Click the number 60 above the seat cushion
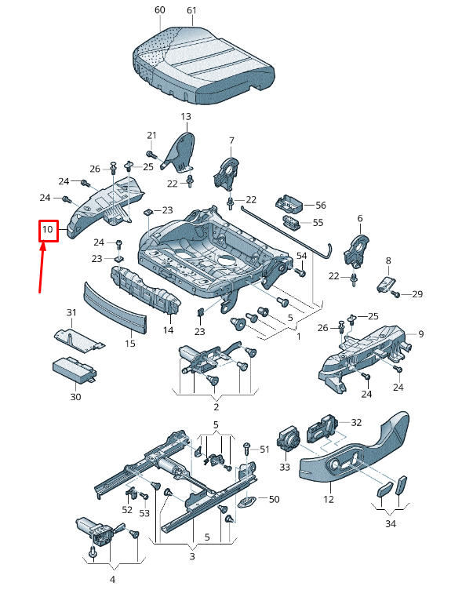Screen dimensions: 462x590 click(160, 9)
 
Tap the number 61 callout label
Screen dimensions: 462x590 click(191, 10)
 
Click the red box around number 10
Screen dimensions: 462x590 click(49, 231)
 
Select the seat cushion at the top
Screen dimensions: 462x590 click(203, 64)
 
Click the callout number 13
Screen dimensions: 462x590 click(186, 117)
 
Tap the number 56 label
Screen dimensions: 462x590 click(321, 205)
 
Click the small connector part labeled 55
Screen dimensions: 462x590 click(292, 221)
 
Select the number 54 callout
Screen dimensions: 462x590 click(301, 256)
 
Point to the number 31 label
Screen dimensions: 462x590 click(71, 312)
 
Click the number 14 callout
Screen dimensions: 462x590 click(168, 330)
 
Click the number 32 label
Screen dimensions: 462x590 click(356, 423)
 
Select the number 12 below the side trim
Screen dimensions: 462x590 click(329, 499)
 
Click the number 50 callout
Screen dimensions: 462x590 click(274, 499)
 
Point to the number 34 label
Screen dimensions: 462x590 click(391, 523)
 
